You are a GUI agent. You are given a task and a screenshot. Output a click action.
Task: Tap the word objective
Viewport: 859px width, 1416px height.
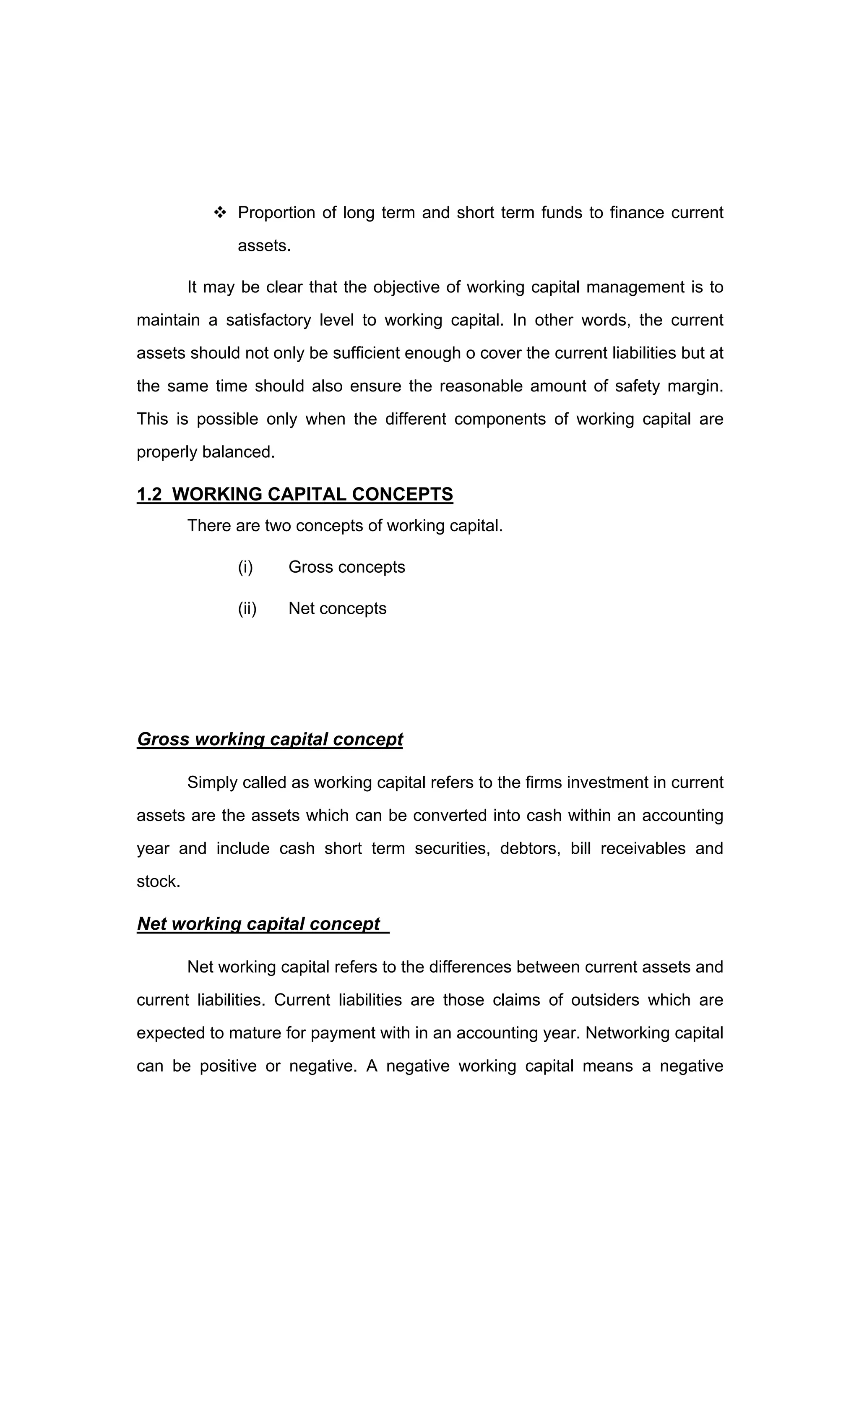point(406,287)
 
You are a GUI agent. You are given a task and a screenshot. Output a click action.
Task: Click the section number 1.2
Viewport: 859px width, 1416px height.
point(149,494)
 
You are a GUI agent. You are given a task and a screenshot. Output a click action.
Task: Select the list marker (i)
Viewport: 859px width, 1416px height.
point(245,567)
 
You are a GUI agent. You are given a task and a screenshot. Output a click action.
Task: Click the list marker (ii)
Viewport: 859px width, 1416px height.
point(247,609)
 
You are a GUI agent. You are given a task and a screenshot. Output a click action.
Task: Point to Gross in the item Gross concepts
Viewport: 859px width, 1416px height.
point(310,567)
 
